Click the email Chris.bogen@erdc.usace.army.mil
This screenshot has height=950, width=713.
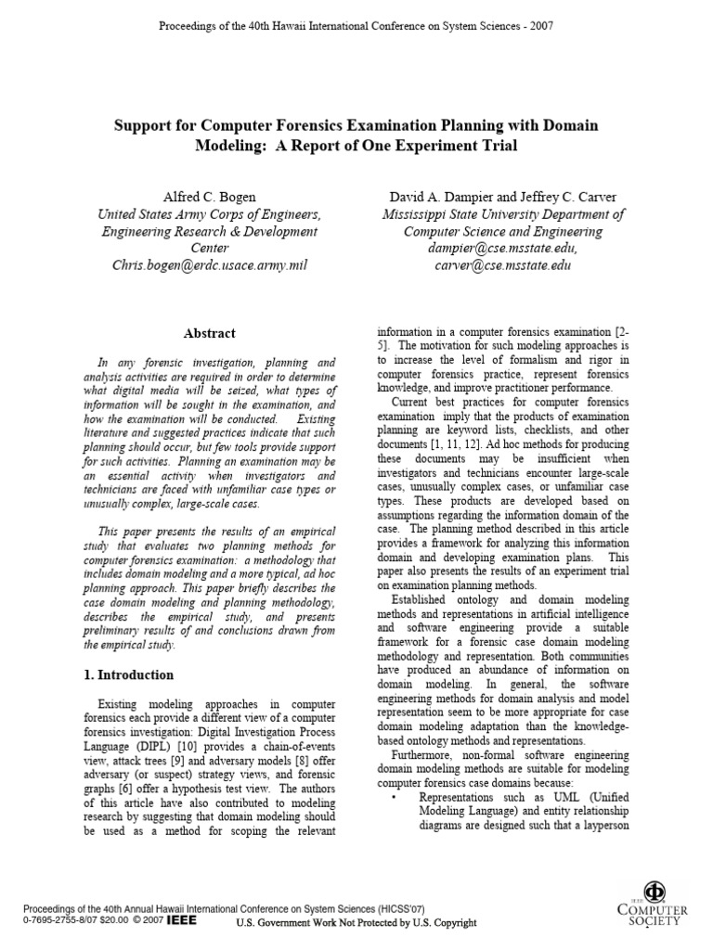coord(209,264)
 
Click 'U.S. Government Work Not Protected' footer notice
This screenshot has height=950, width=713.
coord(356,923)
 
